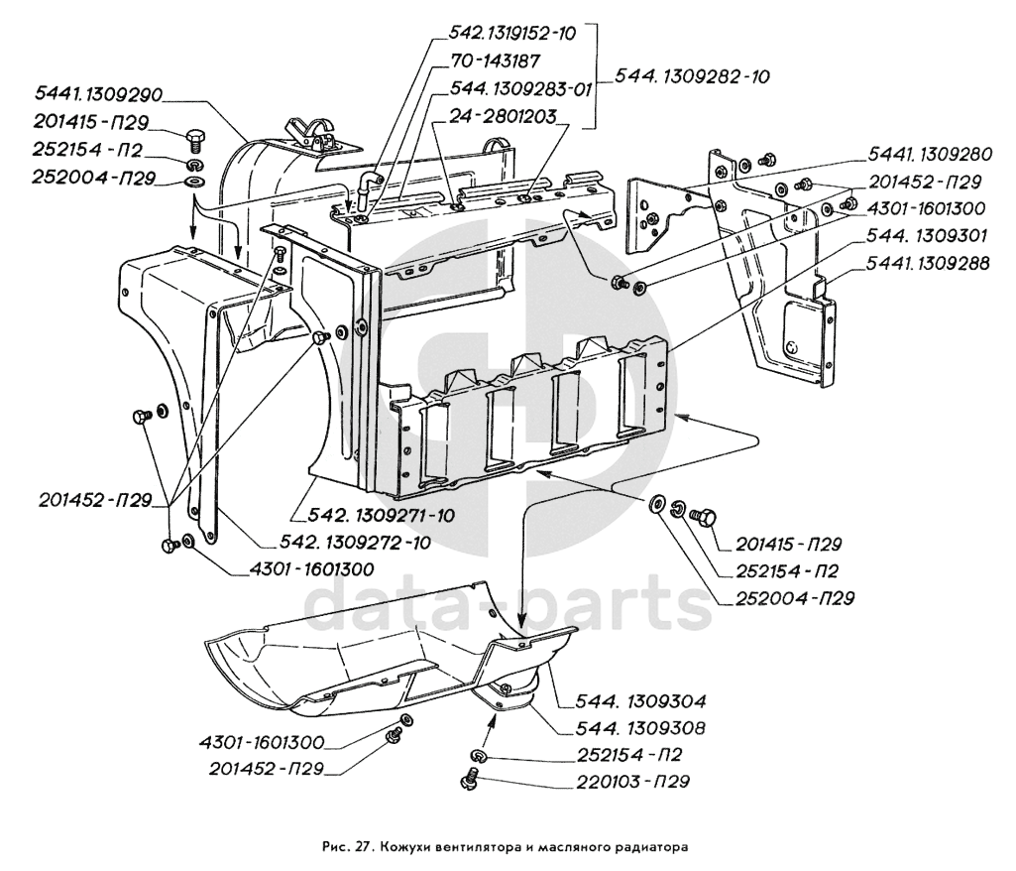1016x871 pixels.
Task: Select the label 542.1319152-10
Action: coord(512,34)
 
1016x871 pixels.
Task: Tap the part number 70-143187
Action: coord(495,62)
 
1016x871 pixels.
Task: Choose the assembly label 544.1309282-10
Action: coord(692,76)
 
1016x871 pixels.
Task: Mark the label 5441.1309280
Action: coord(930,155)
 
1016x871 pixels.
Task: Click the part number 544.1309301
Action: coord(927,236)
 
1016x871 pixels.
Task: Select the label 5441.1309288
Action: coord(929,264)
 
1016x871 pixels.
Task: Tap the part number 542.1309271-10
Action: coord(373,515)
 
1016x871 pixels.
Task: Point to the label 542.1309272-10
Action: coord(355,543)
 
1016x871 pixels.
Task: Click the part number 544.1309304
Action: coord(640,701)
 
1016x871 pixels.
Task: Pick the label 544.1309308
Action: coord(640,728)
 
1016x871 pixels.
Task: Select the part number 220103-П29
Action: coord(632,782)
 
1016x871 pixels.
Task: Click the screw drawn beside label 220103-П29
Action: coord(472,778)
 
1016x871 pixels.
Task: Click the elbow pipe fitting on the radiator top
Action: coord(367,186)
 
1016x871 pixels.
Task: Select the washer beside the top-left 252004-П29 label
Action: coord(194,180)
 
